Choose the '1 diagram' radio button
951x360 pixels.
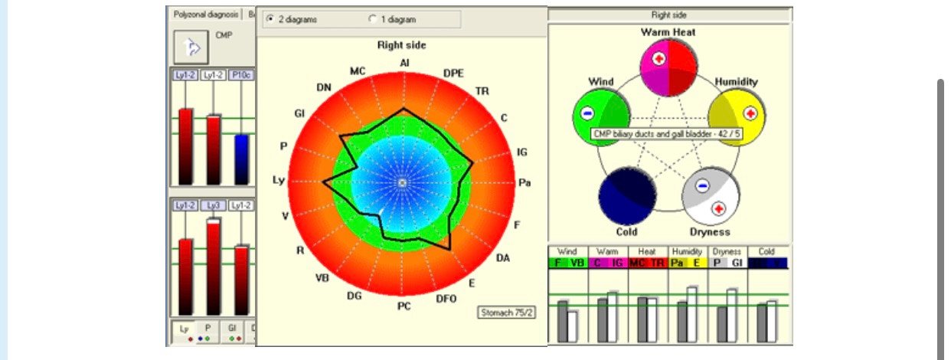pos(373,18)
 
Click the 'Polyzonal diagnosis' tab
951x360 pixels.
pos(204,14)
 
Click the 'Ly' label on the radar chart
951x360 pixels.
pos(278,180)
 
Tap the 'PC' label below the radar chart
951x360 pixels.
pos(404,306)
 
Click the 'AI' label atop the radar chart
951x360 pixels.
pos(404,63)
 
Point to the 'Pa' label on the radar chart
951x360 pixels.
pos(525,182)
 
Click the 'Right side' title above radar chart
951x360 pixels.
pos(401,45)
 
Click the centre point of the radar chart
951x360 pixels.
pos(404,182)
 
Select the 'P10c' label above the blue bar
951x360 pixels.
pos(241,75)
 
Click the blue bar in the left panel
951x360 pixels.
pos(241,159)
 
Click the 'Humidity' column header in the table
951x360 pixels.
pos(688,251)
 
